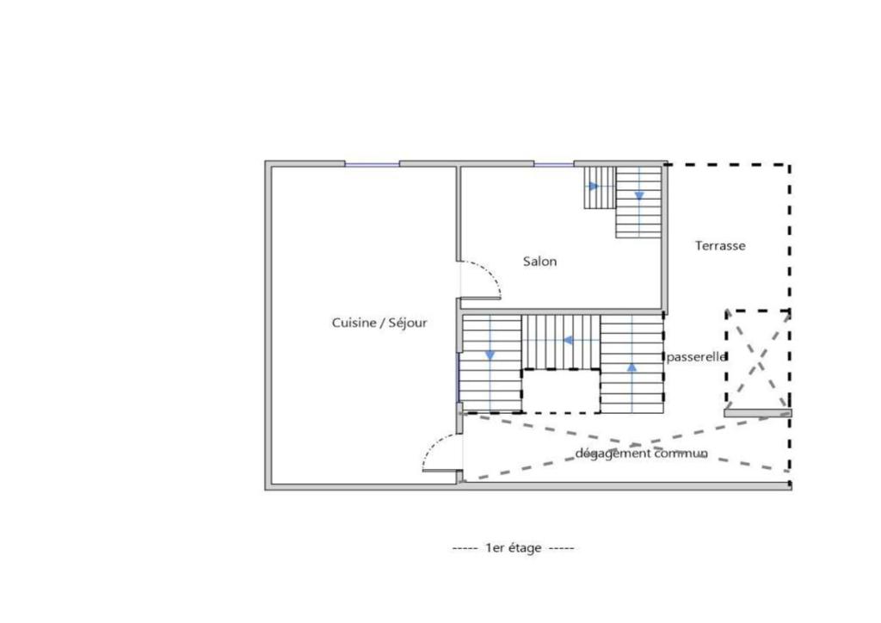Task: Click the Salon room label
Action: (x=539, y=262)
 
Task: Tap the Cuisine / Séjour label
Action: (x=379, y=323)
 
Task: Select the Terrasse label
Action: (x=720, y=245)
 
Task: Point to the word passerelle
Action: (x=696, y=357)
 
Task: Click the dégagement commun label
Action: (x=641, y=453)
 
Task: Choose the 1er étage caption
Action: (x=513, y=548)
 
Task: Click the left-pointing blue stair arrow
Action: (x=568, y=341)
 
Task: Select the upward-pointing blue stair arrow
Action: (x=632, y=367)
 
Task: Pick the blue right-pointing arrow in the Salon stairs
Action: (x=594, y=186)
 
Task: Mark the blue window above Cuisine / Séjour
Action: (x=372, y=164)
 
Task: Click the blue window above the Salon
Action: (x=553, y=164)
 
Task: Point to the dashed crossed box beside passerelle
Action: (x=758, y=360)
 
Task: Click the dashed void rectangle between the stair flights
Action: (x=561, y=391)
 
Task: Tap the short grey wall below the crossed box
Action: (x=757, y=413)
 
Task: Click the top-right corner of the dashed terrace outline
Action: (x=790, y=165)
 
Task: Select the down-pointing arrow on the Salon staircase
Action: (x=639, y=196)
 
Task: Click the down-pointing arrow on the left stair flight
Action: (x=490, y=355)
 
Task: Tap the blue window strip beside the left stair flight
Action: (x=458, y=378)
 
